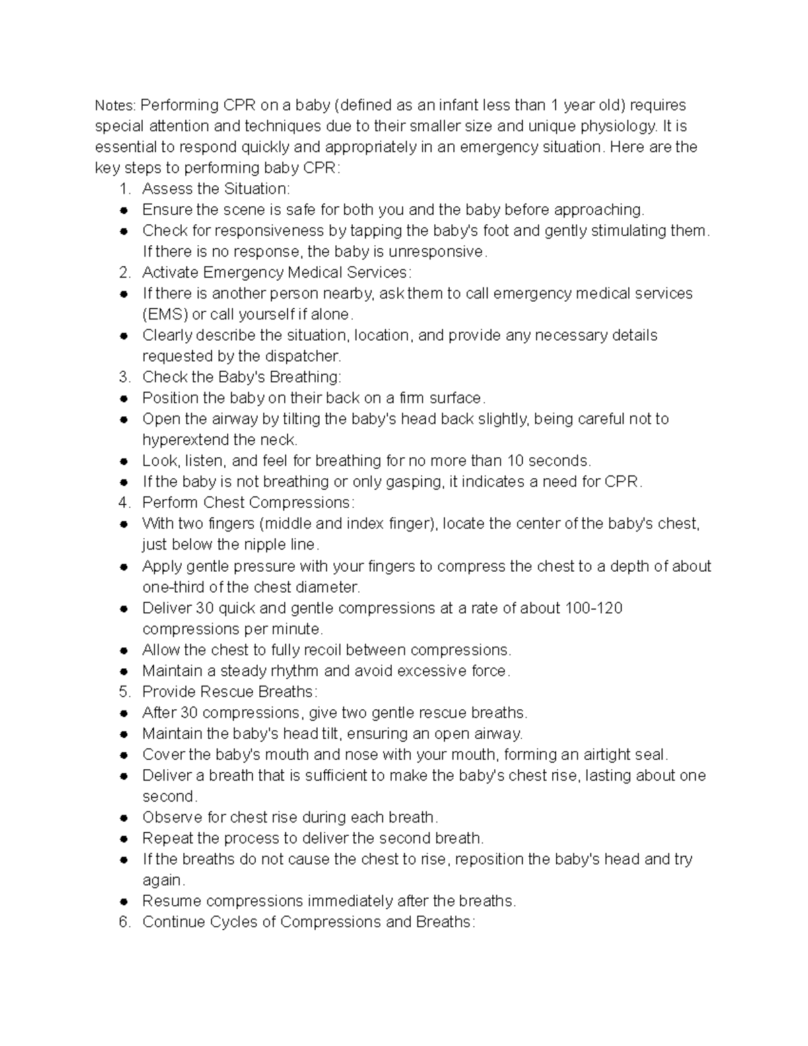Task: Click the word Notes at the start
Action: [x=115, y=106]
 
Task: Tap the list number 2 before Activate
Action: [x=124, y=273]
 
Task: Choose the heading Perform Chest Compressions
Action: [x=248, y=503]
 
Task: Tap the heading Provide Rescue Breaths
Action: [x=229, y=692]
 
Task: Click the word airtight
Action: [x=566, y=755]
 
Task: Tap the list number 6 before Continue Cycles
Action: [x=124, y=922]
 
